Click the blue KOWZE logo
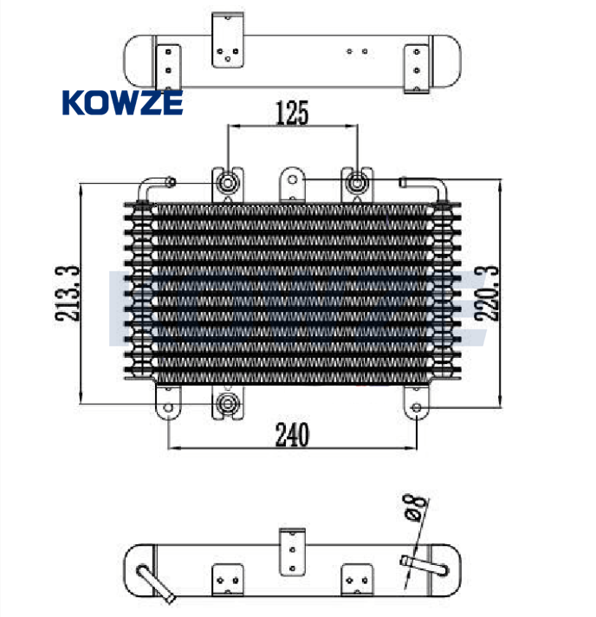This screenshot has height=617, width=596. pyautogui.click(x=122, y=103)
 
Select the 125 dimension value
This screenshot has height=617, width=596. pyautogui.click(x=292, y=114)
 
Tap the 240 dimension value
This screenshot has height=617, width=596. pyautogui.click(x=292, y=434)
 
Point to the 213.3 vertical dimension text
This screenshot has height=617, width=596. pyautogui.click(x=68, y=294)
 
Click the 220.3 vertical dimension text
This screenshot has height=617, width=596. pyautogui.click(x=487, y=293)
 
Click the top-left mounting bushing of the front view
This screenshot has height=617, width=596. pyautogui.click(x=227, y=183)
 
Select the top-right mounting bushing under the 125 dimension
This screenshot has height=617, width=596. pyautogui.click(x=356, y=184)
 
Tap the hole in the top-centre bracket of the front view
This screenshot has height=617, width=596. pyautogui.click(x=292, y=180)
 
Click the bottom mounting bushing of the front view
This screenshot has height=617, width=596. pyautogui.click(x=227, y=404)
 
